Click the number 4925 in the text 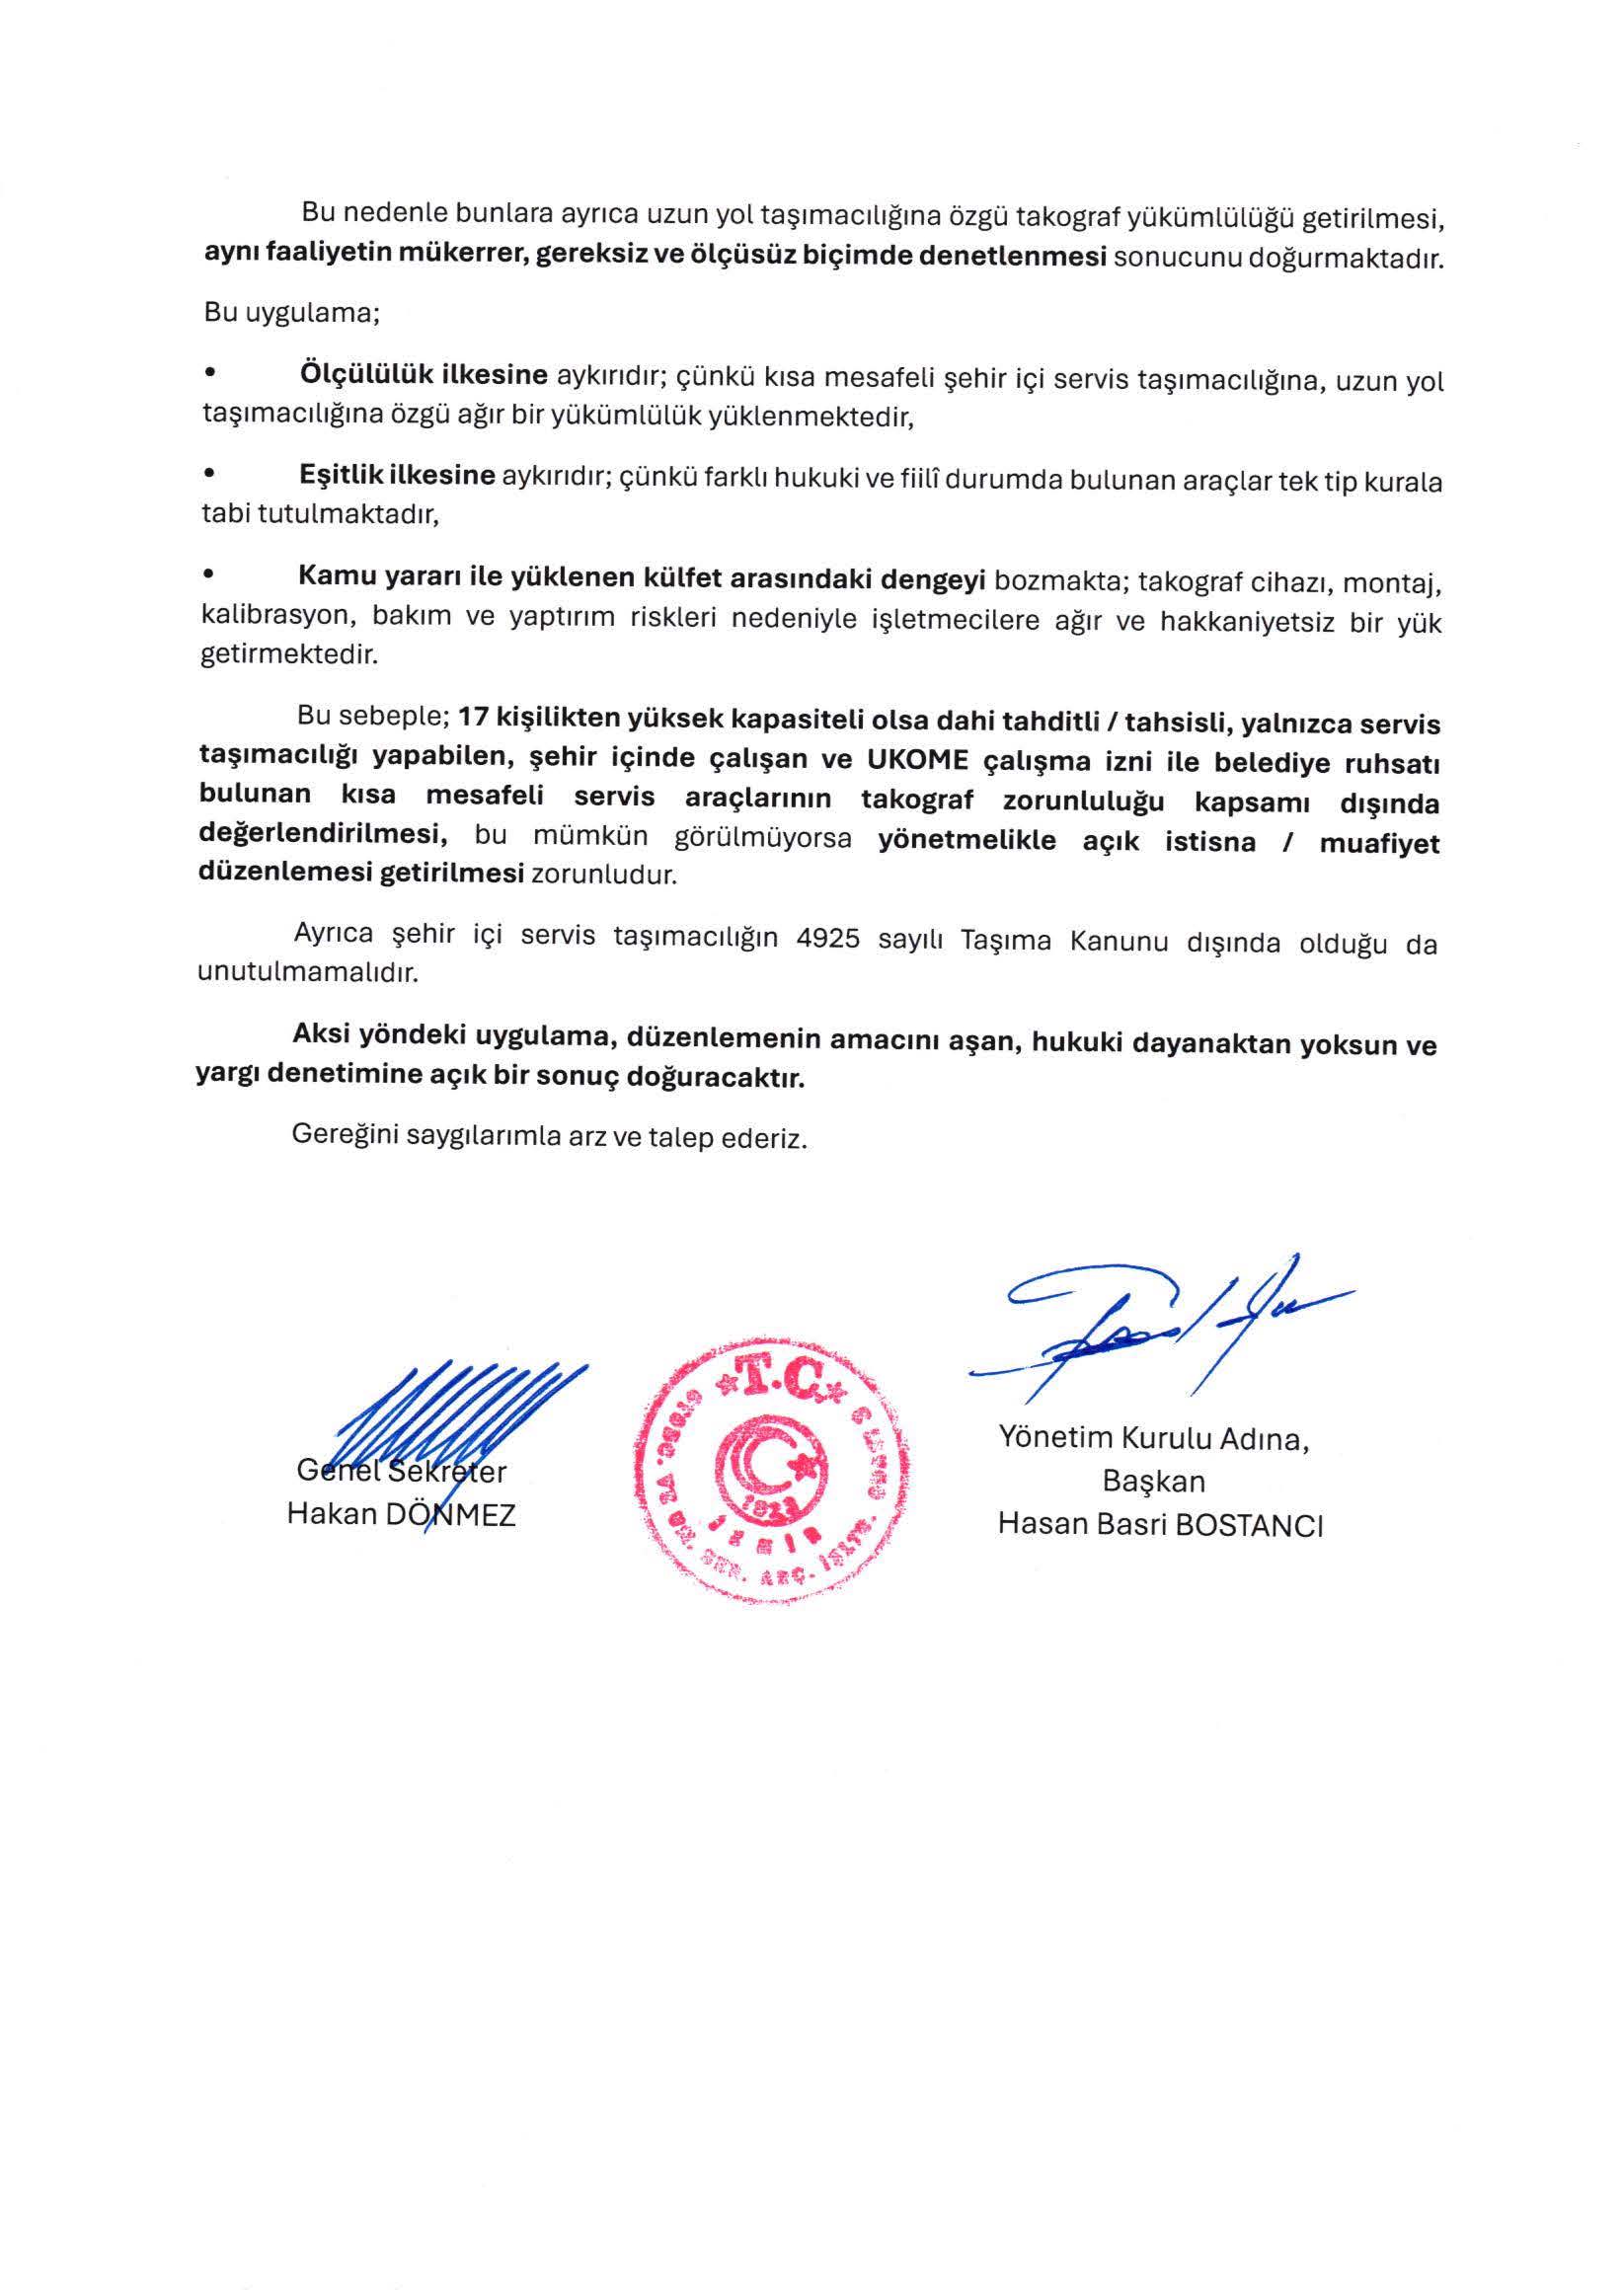[x=828, y=939]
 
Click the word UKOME [x=917, y=760]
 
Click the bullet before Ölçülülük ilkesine [x=209, y=374]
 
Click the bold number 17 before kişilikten [x=473, y=719]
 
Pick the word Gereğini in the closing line [x=345, y=1136]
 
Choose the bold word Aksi [x=322, y=1035]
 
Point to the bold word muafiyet [x=1379, y=843]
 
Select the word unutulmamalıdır [x=307, y=973]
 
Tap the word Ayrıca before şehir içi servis [x=334, y=934]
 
